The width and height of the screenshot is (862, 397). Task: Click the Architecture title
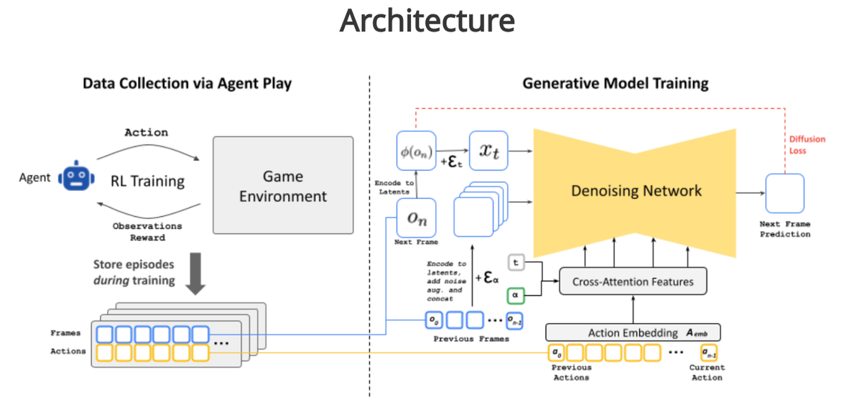coord(427,21)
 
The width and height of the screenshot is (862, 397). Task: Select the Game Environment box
coord(284,185)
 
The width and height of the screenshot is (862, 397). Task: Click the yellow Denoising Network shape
coord(636,190)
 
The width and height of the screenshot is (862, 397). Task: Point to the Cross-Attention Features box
coord(632,281)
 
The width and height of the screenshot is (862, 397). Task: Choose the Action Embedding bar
coord(632,332)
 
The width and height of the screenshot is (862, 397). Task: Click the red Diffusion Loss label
coord(807,144)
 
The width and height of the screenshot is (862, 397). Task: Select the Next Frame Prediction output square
coord(784,193)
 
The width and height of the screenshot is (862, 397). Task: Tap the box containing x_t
coord(488,151)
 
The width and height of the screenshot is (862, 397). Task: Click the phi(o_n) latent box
coord(416,151)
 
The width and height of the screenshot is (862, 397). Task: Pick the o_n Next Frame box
coord(416,218)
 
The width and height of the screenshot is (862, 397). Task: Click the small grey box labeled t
coord(516,263)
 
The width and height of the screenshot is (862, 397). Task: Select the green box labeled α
coord(516,294)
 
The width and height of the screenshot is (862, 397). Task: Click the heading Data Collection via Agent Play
coord(187,83)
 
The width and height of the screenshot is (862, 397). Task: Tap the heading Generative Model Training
coord(615,83)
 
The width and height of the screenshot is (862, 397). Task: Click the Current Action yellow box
coord(708,352)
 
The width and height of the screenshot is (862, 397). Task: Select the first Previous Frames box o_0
coord(434,319)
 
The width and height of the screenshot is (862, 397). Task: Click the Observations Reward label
coord(147,231)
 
